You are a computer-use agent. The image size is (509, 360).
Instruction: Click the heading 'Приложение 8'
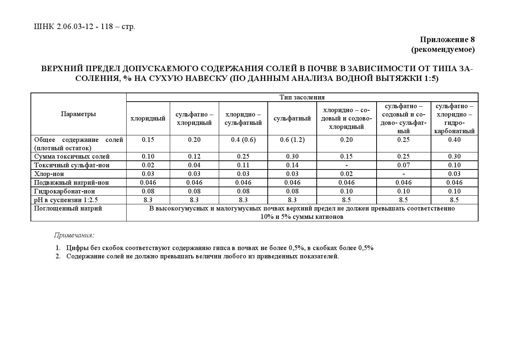point(447,39)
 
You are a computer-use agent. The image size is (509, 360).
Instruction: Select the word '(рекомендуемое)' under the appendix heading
point(443,49)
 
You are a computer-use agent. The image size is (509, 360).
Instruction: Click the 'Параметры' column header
point(78,114)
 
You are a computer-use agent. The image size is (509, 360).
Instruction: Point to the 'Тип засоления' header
point(302,97)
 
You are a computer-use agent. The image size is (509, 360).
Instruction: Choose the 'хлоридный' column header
point(148,118)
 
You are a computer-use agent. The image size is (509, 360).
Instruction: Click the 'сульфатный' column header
point(292,118)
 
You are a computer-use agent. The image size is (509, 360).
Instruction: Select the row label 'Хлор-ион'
point(49,174)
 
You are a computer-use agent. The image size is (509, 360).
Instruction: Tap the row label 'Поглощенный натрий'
point(68,208)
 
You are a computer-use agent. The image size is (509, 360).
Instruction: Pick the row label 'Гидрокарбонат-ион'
point(65,191)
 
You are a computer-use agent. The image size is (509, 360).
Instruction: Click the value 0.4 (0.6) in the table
point(243,140)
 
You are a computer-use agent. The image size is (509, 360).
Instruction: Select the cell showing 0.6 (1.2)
point(292,140)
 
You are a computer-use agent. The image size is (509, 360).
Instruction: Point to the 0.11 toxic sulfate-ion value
point(243,165)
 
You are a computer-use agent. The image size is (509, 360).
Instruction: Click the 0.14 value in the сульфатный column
point(292,165)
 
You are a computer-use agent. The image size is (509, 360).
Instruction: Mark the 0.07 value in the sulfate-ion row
point(403,165)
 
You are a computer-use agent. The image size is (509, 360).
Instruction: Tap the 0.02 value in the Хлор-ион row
point(346,174)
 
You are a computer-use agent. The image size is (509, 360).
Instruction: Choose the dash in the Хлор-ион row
point(403,174)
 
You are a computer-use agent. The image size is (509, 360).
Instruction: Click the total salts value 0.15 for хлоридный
point(148,140)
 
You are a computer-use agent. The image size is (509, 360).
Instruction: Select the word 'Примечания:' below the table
point(74,235)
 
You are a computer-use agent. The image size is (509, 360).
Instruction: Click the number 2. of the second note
point(58,256)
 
